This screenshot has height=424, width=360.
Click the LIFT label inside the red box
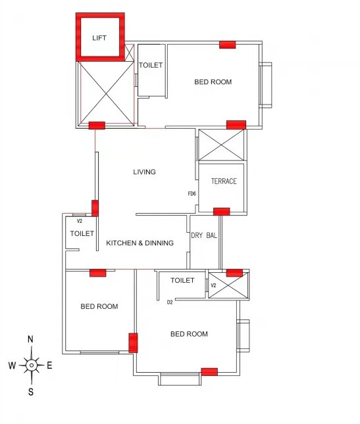point(99,38)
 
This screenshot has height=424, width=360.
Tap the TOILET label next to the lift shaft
point(150,65)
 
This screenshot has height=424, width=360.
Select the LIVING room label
point(144,172)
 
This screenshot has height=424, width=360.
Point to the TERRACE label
point(224,181)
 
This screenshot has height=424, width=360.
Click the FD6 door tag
point(192,194)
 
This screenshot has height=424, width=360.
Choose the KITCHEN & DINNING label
point(140,243)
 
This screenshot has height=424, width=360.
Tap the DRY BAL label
point(204,235)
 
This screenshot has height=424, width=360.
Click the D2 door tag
point(170,302)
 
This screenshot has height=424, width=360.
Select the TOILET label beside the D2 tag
point(182,281)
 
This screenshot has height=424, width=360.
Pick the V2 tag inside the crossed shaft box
point(213,286)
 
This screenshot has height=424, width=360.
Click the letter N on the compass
point(30,339)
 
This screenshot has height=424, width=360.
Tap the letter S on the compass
point(31,392)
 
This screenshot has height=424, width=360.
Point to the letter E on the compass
point(49,365)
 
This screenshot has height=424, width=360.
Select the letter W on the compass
point(12,365)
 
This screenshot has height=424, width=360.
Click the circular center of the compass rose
point(31,365)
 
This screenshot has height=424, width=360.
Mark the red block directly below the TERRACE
point(222,211)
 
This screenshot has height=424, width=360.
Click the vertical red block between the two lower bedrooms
point(133,343)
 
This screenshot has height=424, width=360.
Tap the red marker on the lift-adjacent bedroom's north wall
point(227,44)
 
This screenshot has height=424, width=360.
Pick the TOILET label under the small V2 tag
point(82,233)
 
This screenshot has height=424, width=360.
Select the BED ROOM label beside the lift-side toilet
point(213,82)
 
